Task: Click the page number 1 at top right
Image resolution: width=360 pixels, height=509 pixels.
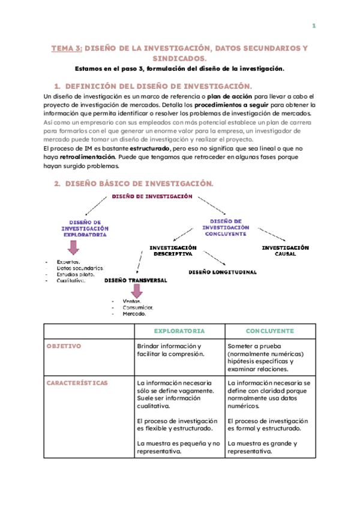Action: click(x=313, y=26)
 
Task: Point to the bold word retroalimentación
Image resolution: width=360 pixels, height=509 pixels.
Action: click(x=88, y=157)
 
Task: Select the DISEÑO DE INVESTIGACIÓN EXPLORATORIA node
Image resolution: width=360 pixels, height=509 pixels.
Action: click(x=85, y=228)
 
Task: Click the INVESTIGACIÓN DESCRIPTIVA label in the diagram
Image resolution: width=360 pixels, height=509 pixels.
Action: click(x=173, y=250)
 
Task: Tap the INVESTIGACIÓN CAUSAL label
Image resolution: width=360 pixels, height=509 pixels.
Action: click(x=285, y=250)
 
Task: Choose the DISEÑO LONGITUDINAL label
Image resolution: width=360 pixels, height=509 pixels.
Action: click(x=222, y=272)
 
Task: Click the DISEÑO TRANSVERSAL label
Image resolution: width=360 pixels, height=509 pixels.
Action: click(x=136, y=280)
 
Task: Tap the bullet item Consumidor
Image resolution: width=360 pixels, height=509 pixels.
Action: click(x=137, y=307)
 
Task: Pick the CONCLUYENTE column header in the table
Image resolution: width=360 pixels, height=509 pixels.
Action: click(x=269, y=331)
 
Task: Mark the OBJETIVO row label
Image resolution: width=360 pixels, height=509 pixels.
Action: click(x=64, y=346)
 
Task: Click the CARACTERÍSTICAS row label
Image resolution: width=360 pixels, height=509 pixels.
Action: click(x=77, y=382)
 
